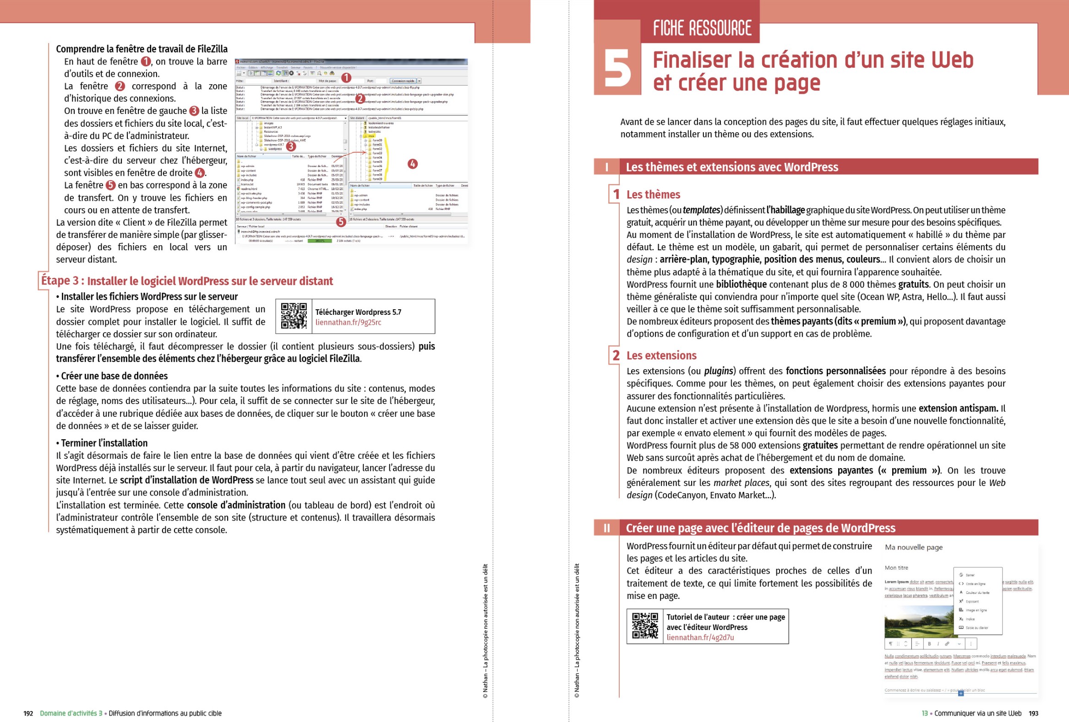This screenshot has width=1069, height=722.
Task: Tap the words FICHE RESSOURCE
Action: coord(702,28)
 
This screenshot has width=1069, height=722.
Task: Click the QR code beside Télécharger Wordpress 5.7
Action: coord(294,316)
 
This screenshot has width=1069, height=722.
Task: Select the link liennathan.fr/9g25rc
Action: coord(348,323)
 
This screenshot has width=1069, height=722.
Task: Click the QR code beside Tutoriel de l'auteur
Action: coord(644,626)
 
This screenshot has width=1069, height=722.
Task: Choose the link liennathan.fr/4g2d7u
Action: coord(700,637)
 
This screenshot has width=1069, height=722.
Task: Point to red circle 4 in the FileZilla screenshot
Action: coord(413,164)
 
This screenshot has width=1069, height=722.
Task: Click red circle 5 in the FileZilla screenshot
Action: coord(341,222)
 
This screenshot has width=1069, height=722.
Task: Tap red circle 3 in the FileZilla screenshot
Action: coord(291,146)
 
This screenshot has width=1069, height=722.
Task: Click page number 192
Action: coord(28,713)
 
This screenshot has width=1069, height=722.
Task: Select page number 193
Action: coord(1033,713)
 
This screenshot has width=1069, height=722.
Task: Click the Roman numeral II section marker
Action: coord(607,528)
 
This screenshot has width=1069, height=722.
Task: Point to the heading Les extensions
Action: coord(661,356)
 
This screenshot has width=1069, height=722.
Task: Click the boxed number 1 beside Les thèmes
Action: coord(616,194)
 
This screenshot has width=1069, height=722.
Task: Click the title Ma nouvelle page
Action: coord(914,547)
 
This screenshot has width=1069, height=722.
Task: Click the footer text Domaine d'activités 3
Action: coord(71,713)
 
